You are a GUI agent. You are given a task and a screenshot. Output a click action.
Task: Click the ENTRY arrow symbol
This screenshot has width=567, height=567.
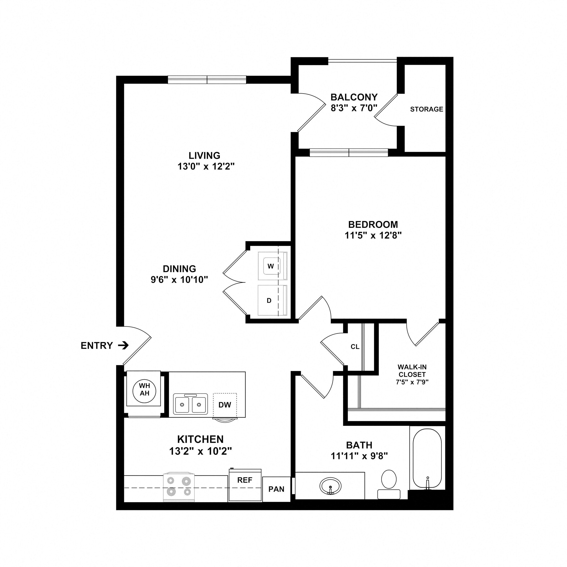click(x=123, y=346)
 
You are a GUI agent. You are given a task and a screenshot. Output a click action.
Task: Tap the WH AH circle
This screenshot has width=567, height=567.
click(x=145, y=390)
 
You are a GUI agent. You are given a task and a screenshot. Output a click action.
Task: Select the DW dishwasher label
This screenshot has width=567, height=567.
click(x=225, y=405)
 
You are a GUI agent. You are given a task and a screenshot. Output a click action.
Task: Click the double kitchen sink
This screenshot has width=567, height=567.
click(x=190, y=404)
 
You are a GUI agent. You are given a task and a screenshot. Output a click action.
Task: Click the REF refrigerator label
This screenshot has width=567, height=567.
click(x=245, y=480)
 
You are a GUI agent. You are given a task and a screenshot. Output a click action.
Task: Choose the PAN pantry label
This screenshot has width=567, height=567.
click(x=276, y=489)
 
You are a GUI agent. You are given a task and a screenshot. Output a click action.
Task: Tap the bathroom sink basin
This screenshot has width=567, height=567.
click(x=331, y=486)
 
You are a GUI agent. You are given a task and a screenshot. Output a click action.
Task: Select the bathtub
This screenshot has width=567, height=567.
click(x=427, y=459)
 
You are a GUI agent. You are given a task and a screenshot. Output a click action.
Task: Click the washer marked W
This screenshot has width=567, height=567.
click(x=271, y=266)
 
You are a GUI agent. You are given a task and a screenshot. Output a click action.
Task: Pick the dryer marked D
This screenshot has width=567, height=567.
click(x=269, y=300)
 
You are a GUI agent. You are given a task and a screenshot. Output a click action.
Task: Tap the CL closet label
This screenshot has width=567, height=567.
click(x=355, y=347)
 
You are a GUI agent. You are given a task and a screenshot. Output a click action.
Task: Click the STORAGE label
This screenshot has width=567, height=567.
click(x=426, y=109)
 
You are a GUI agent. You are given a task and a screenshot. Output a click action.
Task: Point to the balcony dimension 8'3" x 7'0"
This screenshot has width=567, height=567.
click(x=354, y=108)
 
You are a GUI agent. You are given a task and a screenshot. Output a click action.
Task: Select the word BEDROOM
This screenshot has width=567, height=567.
click(x=373, y=225)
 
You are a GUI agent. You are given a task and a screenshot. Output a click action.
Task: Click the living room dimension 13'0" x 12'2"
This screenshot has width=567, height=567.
click(x=206, y=167)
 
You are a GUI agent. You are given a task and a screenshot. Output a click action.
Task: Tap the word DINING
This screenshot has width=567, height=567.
click(x=179, y=269)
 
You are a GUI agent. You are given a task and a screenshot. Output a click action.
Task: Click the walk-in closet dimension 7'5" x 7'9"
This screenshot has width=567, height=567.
click(x=412, y=382)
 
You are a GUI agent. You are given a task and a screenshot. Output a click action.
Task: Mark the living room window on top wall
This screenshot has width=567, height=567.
click(x=207, y=79)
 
